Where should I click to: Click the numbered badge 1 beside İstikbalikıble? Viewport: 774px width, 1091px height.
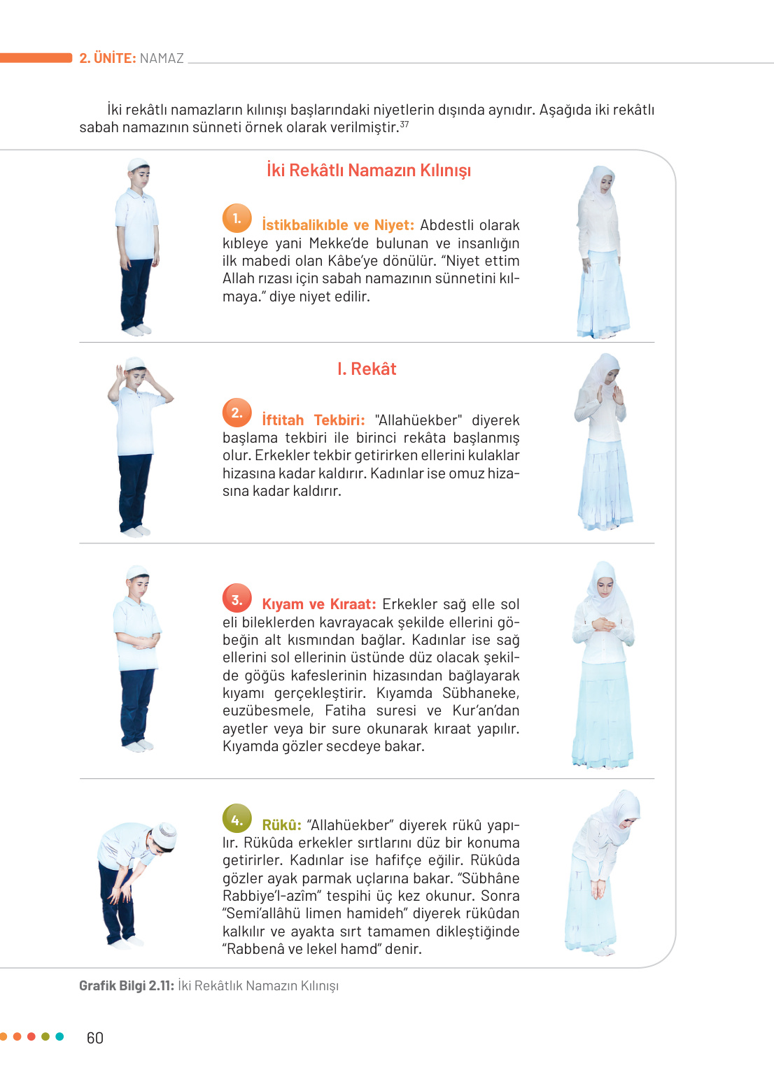coord(237,218)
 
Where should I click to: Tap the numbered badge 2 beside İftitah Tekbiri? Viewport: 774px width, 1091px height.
coord(237,413)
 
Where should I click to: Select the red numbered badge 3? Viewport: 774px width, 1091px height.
coord(237,598)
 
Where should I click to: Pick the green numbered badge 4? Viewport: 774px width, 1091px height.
coord(237,819)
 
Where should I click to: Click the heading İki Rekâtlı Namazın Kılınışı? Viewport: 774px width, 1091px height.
coord(368,171)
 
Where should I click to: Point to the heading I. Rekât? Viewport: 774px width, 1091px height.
coord(367,369)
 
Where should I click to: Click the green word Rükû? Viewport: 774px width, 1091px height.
coord(281,825)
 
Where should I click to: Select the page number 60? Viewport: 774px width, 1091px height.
coord(95,1038)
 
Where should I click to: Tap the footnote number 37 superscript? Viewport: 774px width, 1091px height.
coord(404,124)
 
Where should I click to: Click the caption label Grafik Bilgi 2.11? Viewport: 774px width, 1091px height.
coord(127,986)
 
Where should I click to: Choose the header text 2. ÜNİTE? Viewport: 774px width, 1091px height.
coord(108,58)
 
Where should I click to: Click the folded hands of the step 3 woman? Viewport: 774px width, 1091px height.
coord(603,624)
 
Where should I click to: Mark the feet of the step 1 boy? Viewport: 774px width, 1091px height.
coord(136,329)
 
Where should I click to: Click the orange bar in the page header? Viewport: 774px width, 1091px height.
coord(36,58)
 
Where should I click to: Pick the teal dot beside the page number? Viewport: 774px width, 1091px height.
coord(59,1036)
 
